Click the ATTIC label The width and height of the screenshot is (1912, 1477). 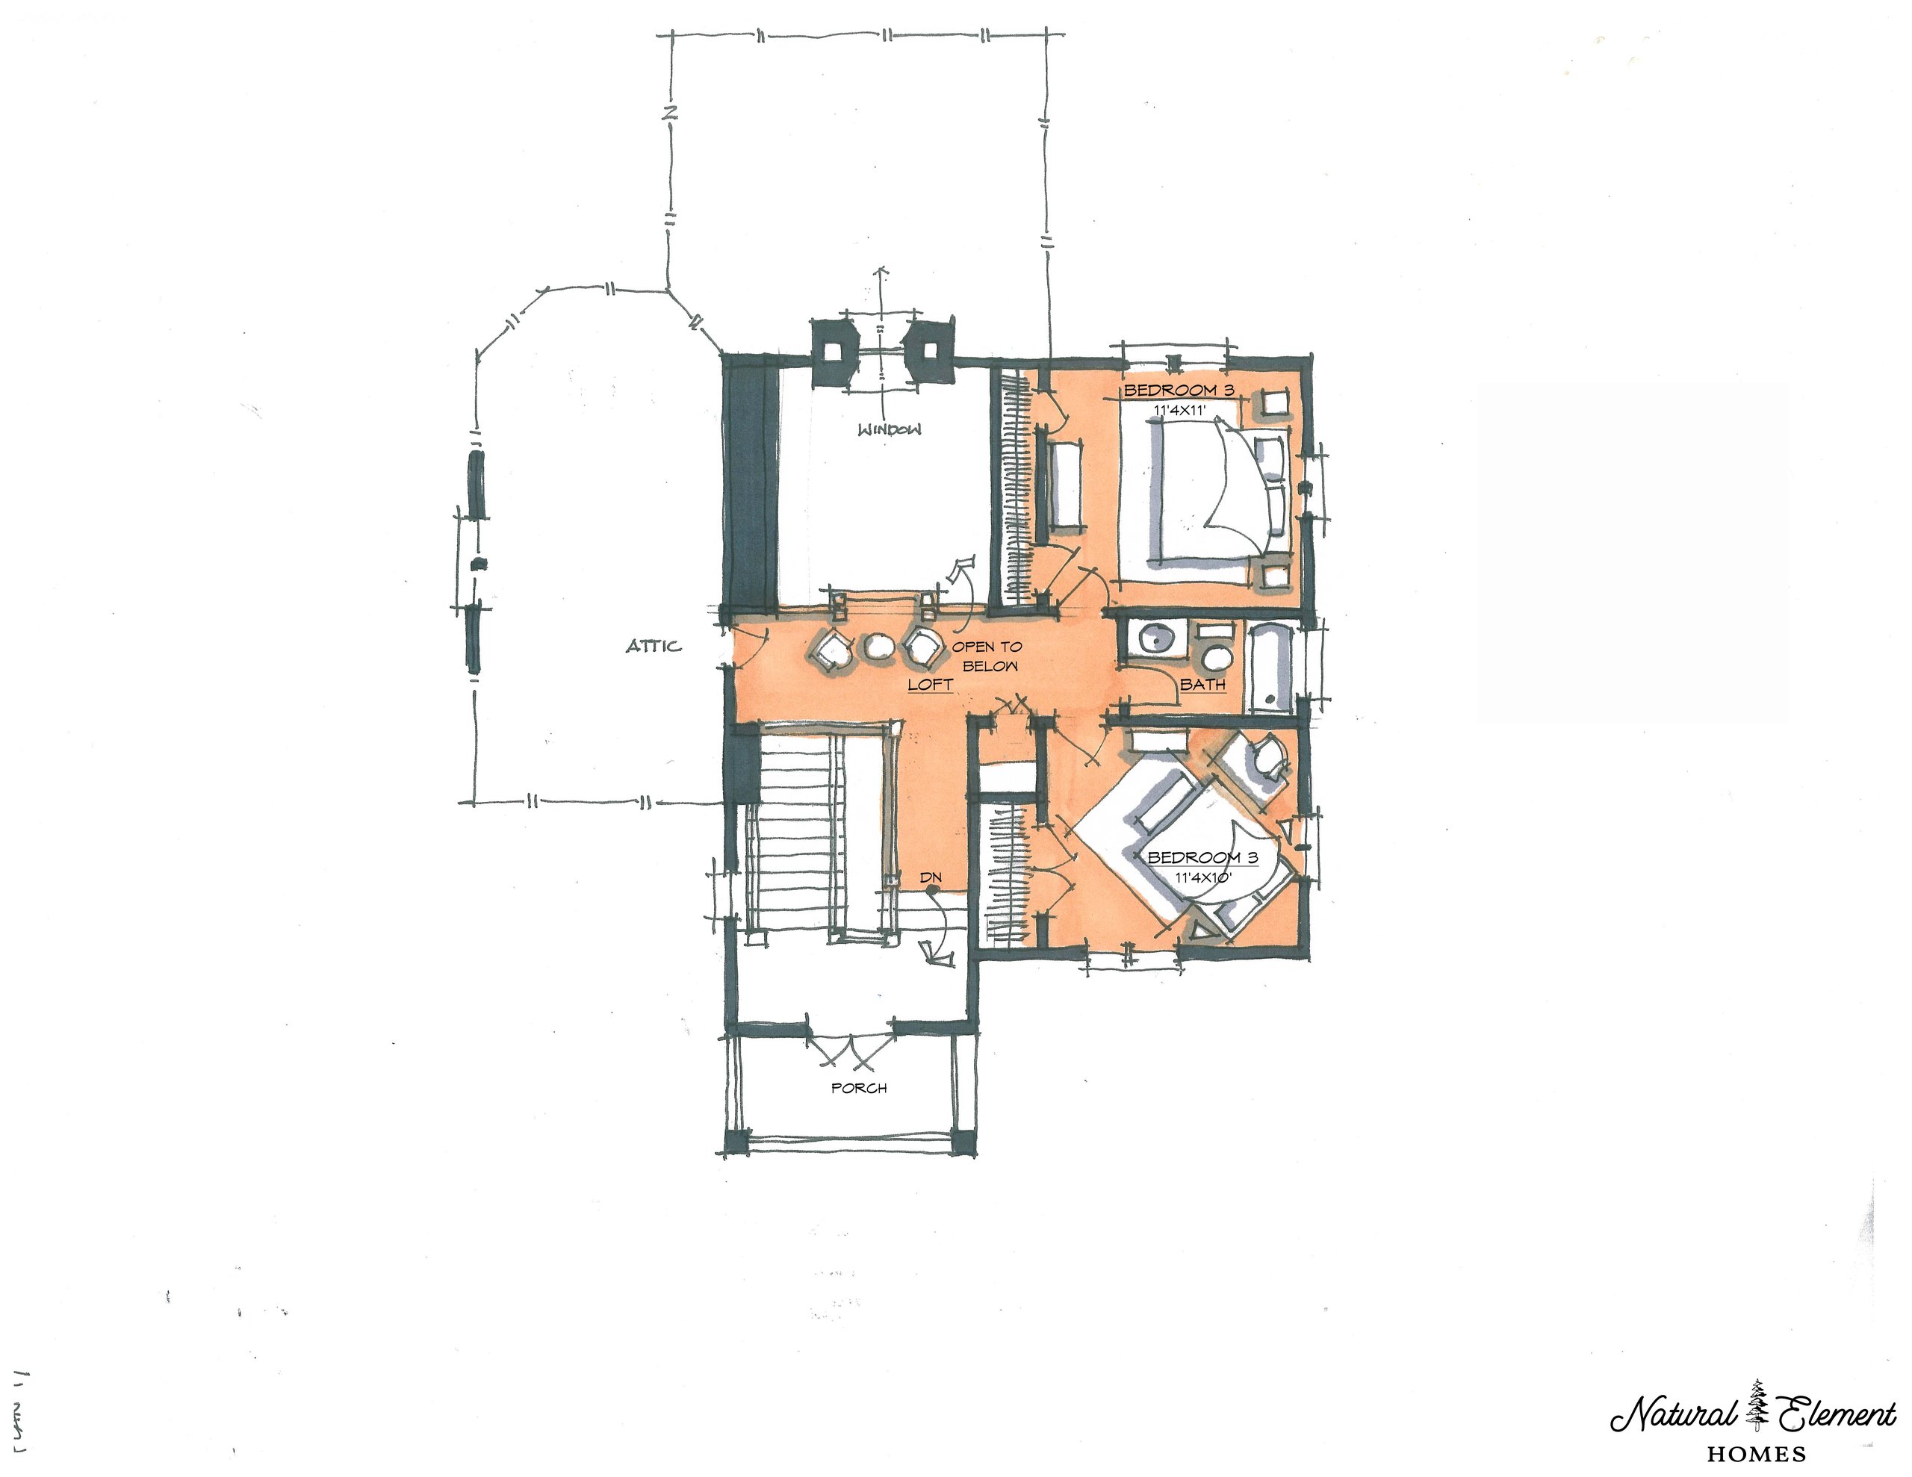(x=653, y=646)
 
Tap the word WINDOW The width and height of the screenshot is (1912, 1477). (x=890, y=430)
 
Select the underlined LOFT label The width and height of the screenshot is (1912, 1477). (x=930, y=684)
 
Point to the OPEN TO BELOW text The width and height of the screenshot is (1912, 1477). (x=987, y=656)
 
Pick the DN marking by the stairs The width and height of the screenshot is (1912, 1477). (x=931, y=877)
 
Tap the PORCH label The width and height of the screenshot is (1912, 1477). (x=859, y=1088)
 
